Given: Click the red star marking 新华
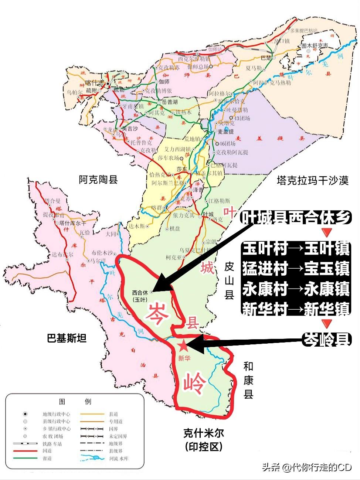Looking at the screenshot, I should [183, 346].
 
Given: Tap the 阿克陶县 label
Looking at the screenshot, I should [98, 180].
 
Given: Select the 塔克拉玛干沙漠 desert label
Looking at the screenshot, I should [312, 181].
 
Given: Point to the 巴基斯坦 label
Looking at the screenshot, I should [67, 338].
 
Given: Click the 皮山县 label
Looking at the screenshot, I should [230, 281].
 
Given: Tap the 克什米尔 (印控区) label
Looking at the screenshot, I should [204, 439].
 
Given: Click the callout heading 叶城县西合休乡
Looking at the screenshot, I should [296, 218].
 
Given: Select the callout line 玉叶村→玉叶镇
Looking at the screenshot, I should [296, 249].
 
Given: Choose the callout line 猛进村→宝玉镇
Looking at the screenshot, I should [296, 269].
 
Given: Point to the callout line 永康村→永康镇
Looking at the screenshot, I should [296, 289].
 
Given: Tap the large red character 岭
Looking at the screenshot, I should [193, 384].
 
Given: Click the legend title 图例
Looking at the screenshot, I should [75, 401].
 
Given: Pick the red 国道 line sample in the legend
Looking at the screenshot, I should [25, 451].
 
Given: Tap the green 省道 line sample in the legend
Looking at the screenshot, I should [25, 458].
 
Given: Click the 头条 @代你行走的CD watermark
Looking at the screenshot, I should [306, 467].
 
